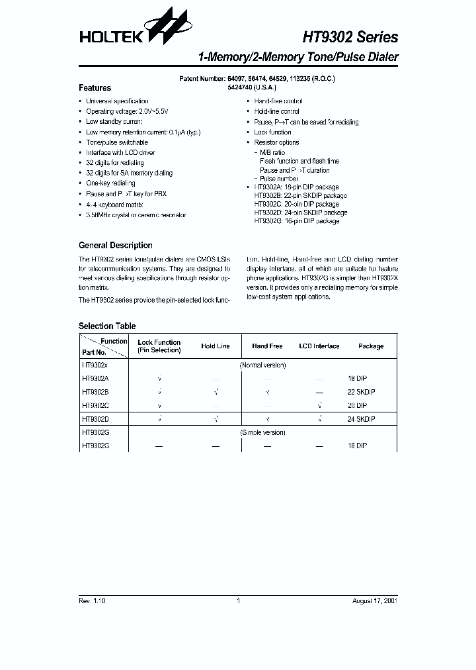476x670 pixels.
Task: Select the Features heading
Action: click(x=95, y=88)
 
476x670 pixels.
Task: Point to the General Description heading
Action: click(x=115, y=245)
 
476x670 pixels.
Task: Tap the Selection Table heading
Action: click(x=107, y=326)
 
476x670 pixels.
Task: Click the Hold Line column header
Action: click(x=216, y=346)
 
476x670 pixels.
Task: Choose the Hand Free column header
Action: click(x=267, y=346)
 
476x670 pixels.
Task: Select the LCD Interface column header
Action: click(x=319, y=346)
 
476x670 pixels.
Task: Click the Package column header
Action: click(x=370, y=346)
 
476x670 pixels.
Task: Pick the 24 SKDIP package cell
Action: click(x=361, y=418)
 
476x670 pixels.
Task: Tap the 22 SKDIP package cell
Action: click(x=361, y=391)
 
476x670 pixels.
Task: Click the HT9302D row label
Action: click(x=95, y=418)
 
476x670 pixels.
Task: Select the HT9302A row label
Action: click(x=95, y=378)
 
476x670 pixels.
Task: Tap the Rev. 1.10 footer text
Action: click(x=92, y=600)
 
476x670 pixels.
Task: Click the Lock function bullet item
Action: click(x=272, y=132)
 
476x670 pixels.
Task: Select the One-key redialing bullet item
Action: click(x=110, y=183)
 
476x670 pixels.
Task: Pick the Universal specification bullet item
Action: click(x=117, y=101)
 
